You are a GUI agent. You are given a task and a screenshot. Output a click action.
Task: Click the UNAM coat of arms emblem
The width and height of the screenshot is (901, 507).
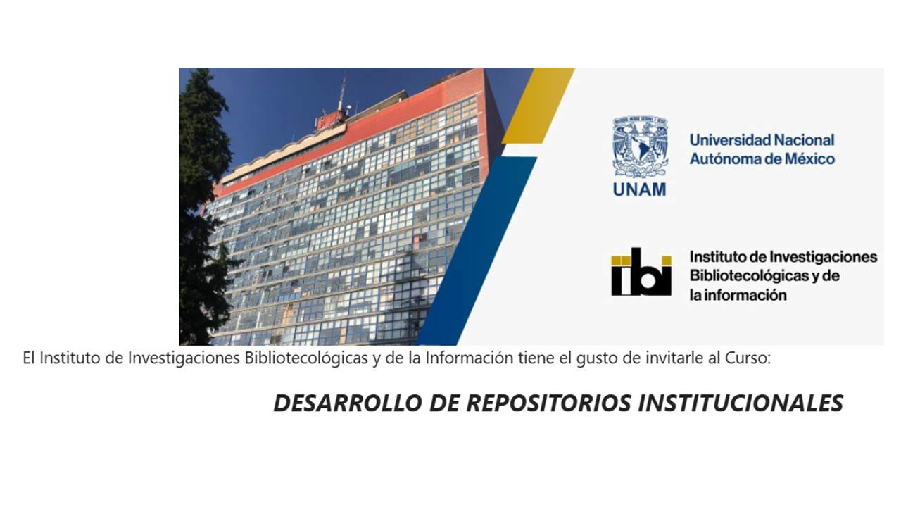pyautogui.click(x=640, y=147)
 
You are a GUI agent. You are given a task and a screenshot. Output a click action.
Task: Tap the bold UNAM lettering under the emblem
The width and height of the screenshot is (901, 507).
pyautogui.click(x=640, y=189)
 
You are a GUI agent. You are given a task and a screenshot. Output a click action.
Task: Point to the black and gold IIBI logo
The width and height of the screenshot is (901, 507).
pyautogui.click(x=641, y=272)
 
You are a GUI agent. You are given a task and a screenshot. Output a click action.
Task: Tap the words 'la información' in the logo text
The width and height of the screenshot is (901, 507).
pyautogui.click(x=738, y=295)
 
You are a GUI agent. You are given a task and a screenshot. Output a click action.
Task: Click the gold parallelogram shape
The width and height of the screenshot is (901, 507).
pyautogui.click(x=538, y=106)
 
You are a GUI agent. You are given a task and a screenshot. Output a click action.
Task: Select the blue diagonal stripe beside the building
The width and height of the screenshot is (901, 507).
pyautogui.click(x=477, y=251)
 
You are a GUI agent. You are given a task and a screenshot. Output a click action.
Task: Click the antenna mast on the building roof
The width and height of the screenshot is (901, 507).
pyautogui.click(x=341, y=94)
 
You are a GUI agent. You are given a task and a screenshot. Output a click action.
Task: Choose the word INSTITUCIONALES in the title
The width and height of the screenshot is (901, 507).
pyautogui.click(x=741, y=403)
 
